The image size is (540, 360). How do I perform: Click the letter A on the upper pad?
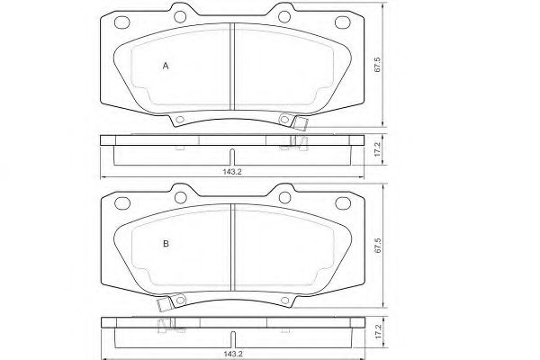tap(166, 66)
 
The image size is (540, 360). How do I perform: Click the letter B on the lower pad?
tap(166, 244)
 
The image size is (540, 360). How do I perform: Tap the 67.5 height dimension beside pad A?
tap(377, 65)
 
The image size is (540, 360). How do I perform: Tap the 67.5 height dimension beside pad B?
tap(377, 246)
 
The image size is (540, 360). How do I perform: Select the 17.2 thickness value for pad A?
tap(377, 150)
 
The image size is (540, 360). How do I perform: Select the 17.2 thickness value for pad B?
tap(378, 331)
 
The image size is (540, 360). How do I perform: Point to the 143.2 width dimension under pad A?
tap(232, 172)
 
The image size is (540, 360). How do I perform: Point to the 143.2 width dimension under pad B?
tap(233, 354)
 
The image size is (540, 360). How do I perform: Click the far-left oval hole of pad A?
tap(121, 22)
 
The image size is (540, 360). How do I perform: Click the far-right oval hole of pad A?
tap(343, 22)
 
